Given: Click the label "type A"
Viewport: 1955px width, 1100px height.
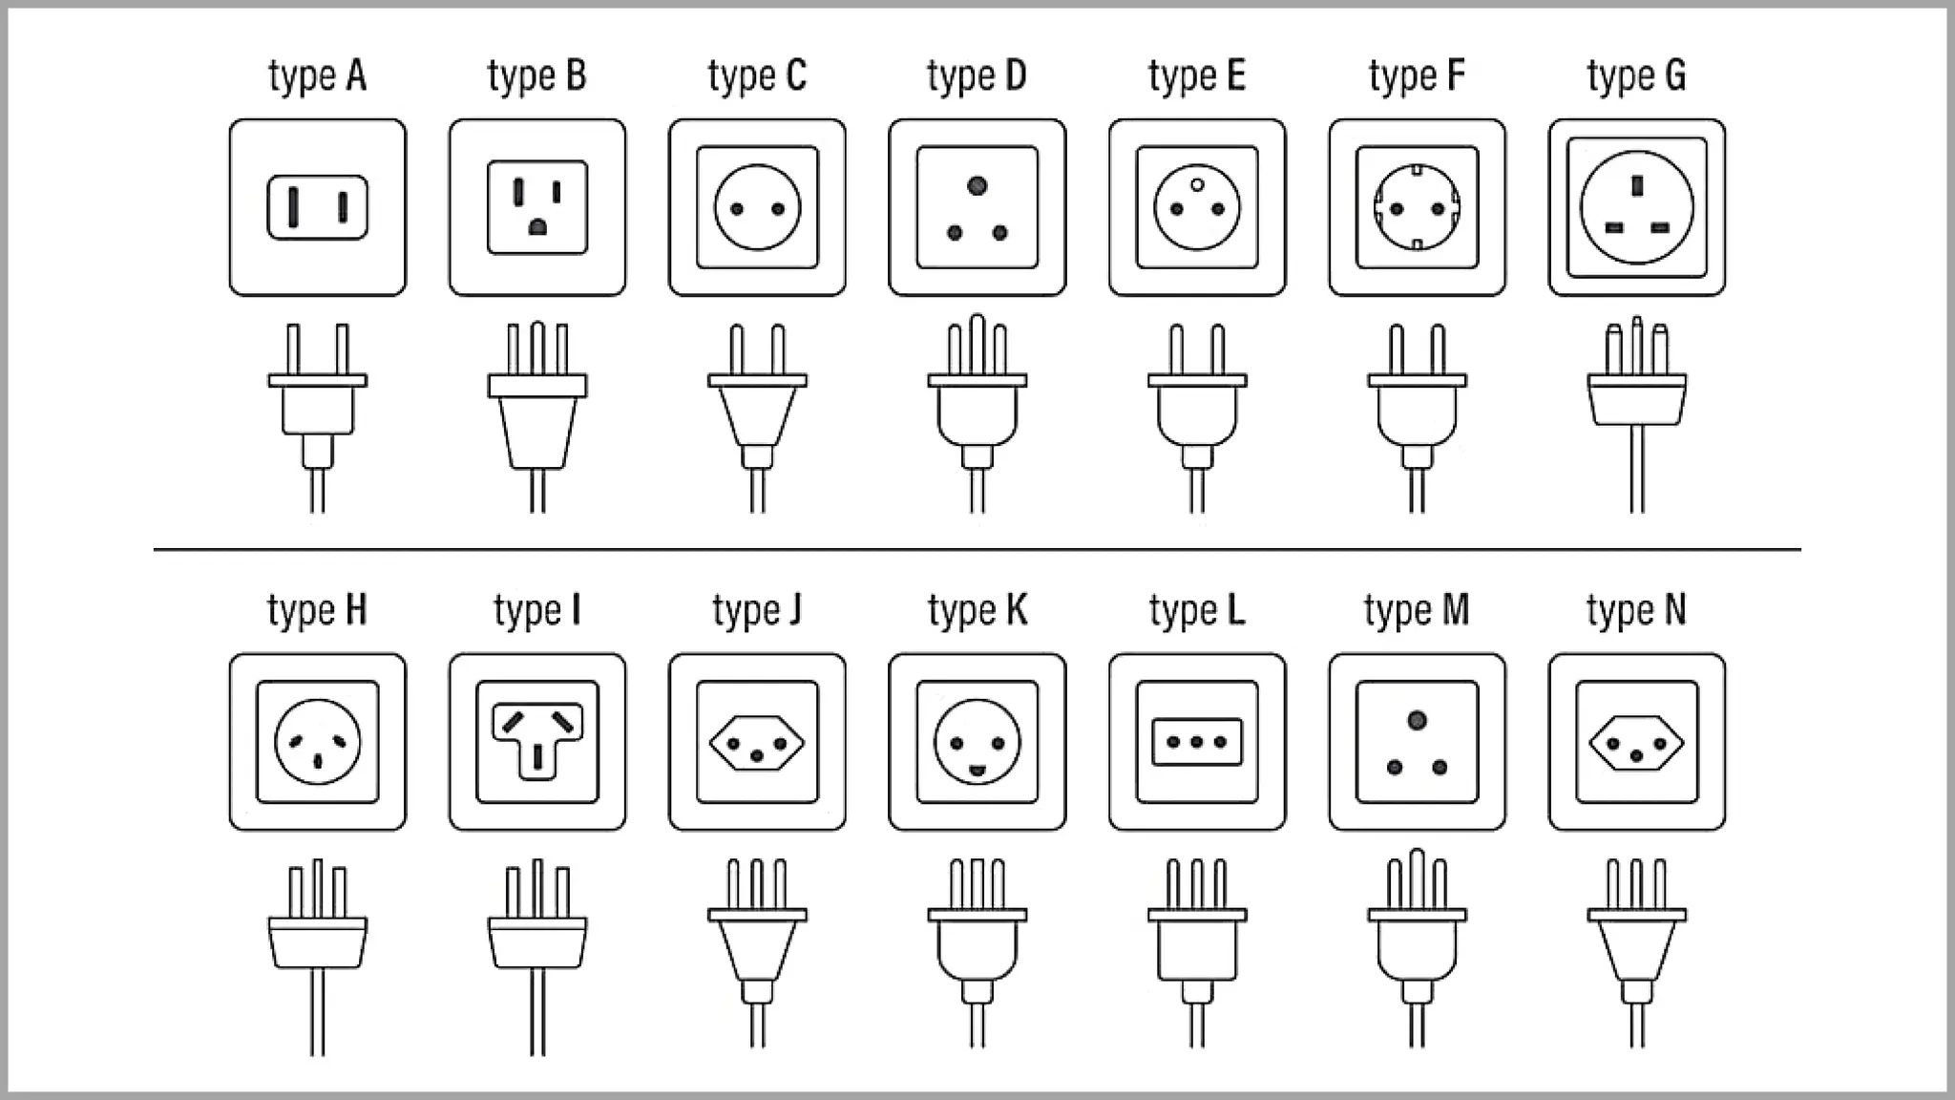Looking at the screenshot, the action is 317,76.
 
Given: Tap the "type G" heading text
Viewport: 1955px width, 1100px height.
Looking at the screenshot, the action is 1636,76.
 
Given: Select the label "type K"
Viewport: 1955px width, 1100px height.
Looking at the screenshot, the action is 977,611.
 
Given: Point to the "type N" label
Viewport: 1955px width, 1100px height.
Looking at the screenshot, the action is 1636,611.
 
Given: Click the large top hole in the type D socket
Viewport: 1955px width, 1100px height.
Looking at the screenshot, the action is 977,186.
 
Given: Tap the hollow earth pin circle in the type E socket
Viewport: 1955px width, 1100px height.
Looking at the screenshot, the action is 1197,185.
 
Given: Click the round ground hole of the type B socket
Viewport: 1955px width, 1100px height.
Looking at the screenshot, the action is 537,227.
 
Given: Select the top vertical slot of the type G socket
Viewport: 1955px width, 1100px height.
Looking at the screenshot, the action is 1637,184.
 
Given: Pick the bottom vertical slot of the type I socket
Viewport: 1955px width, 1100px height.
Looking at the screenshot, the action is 537,755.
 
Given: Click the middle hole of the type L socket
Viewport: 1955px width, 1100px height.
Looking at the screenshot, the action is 1197,742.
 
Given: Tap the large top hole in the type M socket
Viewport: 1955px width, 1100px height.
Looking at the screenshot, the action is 1417,720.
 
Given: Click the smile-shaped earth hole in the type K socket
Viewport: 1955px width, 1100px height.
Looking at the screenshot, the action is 977,770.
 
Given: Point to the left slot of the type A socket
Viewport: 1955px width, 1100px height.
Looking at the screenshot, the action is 294,206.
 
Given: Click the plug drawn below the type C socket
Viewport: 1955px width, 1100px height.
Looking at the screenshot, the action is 757,418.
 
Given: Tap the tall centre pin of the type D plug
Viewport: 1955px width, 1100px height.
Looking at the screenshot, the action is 977,344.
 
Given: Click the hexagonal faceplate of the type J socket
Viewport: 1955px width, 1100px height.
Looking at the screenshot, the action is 757,742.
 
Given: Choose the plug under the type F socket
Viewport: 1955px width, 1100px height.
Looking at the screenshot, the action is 1417,418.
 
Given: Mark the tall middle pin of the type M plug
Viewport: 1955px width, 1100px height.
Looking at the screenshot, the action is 1417,878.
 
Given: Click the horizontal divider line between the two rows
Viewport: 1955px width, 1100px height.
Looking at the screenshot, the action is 977,549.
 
